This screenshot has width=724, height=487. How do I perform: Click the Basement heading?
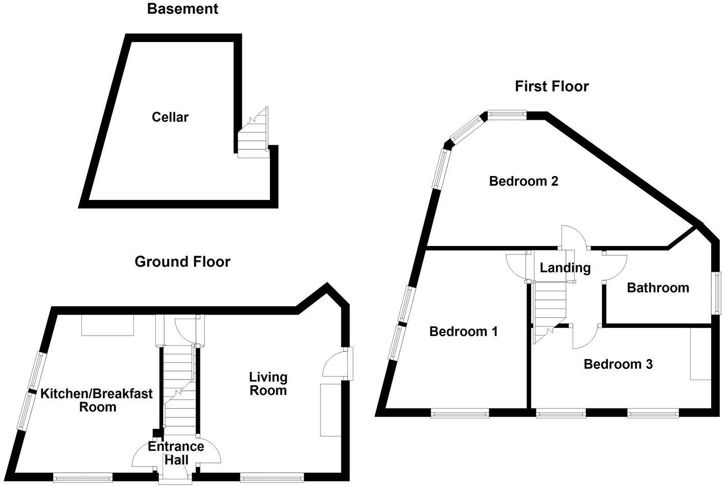(183, 9)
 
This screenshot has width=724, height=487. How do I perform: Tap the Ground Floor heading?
(183, 262)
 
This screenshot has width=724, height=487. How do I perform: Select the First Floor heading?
(552, 86)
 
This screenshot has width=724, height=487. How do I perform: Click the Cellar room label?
(170, 117)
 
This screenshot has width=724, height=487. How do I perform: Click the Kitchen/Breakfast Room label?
(97, 401)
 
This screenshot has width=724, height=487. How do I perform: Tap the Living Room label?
(268, 384)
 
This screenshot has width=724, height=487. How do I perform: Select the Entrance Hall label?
(176, 453)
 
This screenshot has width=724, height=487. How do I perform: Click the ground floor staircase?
(179, 389)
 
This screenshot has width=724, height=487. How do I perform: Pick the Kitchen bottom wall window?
(82, 478)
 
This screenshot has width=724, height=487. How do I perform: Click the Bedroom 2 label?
(524, 181)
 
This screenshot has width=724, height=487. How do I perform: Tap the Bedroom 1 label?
(463, 331)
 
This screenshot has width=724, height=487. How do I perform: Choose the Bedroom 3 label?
(618, 364)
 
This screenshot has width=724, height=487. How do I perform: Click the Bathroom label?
(658, 288)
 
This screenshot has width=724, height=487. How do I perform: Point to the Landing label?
(565, 268)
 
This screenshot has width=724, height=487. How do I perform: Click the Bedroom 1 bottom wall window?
(460, 413)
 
